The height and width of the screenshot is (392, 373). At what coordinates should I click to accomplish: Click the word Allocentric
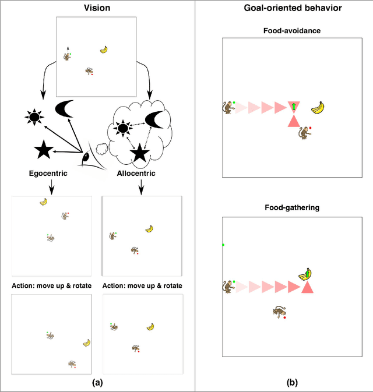point(140,174)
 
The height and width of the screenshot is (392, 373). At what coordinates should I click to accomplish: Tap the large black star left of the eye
point(43,150)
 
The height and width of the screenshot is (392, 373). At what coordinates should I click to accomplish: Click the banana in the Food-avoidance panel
point(318,107)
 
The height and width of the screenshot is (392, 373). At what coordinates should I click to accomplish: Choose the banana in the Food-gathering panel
point(305,274)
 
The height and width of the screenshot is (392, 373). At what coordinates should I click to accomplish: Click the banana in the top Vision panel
point(104,50)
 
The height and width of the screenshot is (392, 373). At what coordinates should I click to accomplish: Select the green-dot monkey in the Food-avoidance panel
point(227,107)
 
